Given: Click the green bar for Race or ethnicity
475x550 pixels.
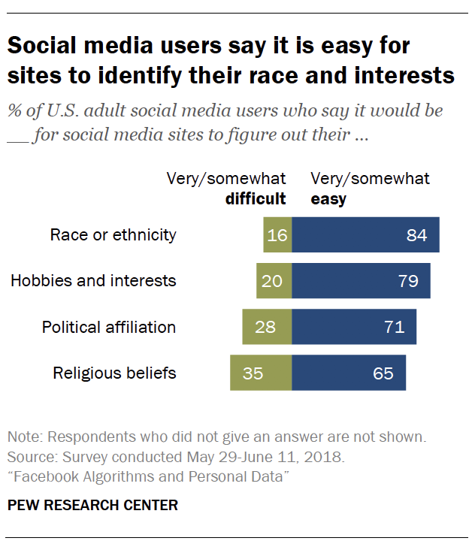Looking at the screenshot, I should (x=277, y=234).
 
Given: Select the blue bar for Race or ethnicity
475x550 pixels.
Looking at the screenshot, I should (x=365, y=234).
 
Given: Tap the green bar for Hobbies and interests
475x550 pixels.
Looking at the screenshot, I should (x=274, y=281).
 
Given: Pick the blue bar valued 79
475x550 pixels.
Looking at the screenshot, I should (x=361, y=281).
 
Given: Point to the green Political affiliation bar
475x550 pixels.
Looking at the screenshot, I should (x=267, y=327).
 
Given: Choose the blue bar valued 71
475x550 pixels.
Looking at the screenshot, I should (x=354, y=327).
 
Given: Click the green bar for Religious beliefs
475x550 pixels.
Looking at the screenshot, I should (x=261, y=373).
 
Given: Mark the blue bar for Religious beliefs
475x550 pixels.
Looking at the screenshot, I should (x=349, y=373).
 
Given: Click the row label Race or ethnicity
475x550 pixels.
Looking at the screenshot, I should (x=113, y=234).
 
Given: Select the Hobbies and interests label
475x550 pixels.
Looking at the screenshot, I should (x=93, y=281).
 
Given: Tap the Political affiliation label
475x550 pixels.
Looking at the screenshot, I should (x=109, y=327).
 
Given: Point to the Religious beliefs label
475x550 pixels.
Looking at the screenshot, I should (x=114, y=373).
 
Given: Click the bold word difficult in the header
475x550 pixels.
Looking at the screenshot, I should (x=256, y=198).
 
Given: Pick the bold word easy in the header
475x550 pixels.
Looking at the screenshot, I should (x=328, y=198).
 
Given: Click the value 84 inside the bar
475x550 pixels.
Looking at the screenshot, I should (x=416, y=235).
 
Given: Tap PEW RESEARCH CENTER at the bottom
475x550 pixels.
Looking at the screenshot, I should (x=92, y=505).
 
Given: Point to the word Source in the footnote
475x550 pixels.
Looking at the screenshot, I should (x=29, y=457).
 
